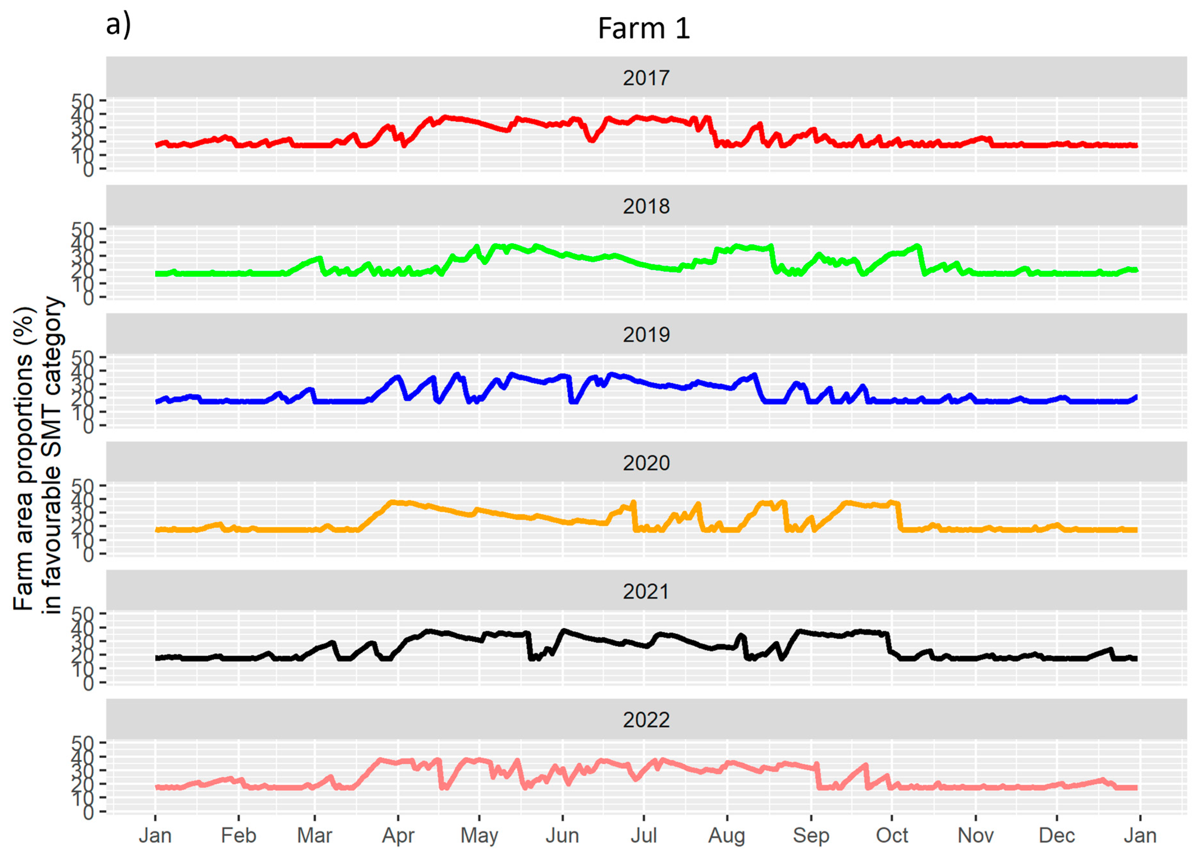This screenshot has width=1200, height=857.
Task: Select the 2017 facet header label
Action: [x=646, y=78]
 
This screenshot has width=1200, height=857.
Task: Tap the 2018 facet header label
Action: [x=646, y=206]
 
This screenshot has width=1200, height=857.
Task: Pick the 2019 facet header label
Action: [x=646, y=335]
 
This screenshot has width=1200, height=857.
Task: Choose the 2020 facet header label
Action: [x=646, y=463]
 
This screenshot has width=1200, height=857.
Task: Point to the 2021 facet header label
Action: [x=646, y=591]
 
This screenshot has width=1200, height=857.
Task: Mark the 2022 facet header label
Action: [x=646, y=720]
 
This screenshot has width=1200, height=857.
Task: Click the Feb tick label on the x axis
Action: [x=238, y=836]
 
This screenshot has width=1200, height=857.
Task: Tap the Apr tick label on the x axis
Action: [x=398, y=836]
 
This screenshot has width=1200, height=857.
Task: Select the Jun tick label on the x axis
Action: [x=562, y=836]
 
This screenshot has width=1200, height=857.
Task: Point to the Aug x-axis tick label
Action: [x=727, y=836]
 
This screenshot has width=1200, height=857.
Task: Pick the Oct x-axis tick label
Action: [x=892, y=836]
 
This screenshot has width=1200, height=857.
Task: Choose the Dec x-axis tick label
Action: [x=1057, y=836]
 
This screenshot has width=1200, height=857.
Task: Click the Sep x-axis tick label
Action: [x=811, y=836]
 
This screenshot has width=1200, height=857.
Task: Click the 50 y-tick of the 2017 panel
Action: [x=83, y=100]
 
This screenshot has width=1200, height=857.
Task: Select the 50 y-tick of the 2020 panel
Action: [x=83, y=485]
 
